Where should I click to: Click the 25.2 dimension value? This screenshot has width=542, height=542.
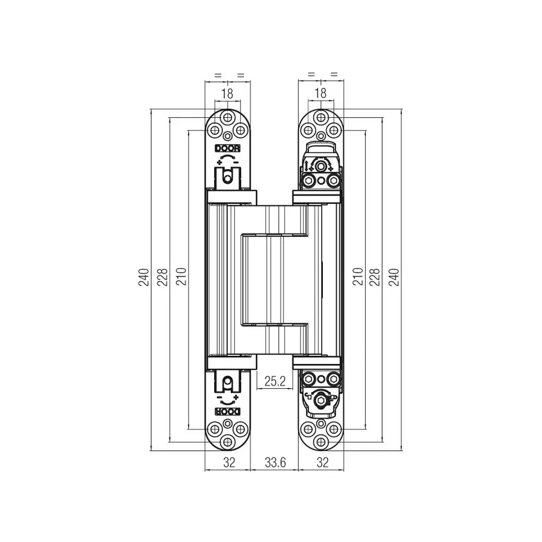pos(275,381)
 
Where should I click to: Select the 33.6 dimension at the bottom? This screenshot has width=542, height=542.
pos(275,462)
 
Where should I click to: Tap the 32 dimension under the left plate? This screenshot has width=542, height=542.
pos(229,462)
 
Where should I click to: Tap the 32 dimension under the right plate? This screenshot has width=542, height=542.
pos(322,462)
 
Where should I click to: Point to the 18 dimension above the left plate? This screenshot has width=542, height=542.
pos(227,94)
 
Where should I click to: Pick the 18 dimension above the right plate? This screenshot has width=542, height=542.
pos(321,94)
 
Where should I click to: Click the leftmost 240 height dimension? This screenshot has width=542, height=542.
pos(144,277)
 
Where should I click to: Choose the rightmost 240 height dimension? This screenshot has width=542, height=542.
pos(394,277)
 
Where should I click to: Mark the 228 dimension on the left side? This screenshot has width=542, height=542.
pos(162,277)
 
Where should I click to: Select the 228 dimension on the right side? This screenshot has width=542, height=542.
pos(375,277)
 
